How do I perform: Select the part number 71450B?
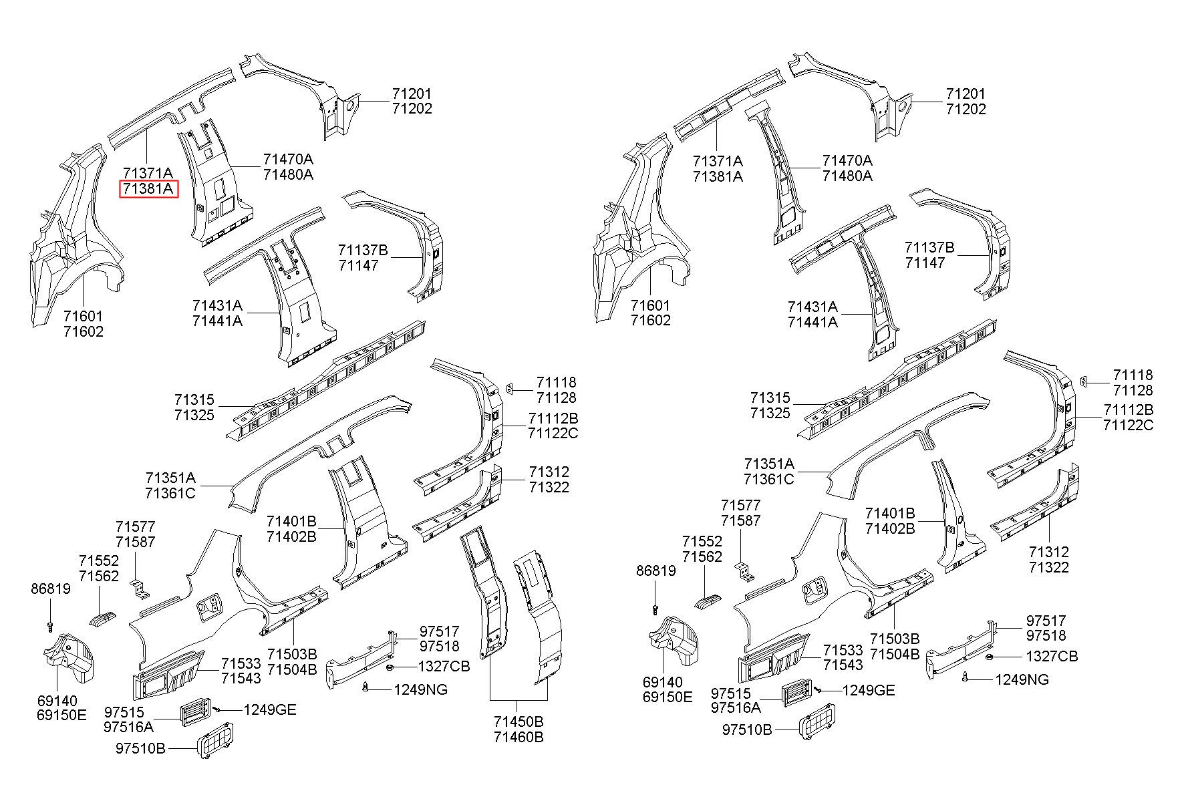[x=519, y=722]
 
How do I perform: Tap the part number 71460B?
[x=519, y=738]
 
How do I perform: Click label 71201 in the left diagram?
[x=412, y=94]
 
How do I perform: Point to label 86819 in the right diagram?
[x=655, y=571]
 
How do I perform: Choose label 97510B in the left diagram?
[x=140, y=748]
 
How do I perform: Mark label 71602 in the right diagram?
[x=650, y=320]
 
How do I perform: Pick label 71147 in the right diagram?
[x=925, y=263]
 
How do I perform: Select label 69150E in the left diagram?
[x=61, y=715]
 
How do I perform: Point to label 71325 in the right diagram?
[x=770, y=413]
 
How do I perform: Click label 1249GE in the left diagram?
[x=270, y=710]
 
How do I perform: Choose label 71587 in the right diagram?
[x=740, y=520]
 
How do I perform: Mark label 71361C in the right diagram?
[x=768, y=478]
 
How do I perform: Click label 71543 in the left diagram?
[x=241, y=679]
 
